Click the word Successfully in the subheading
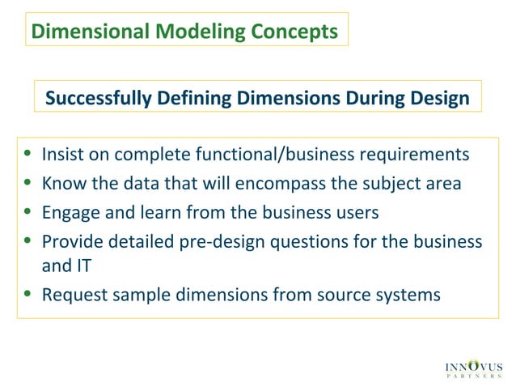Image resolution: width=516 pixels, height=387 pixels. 96,99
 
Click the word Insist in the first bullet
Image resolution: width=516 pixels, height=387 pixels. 61,154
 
